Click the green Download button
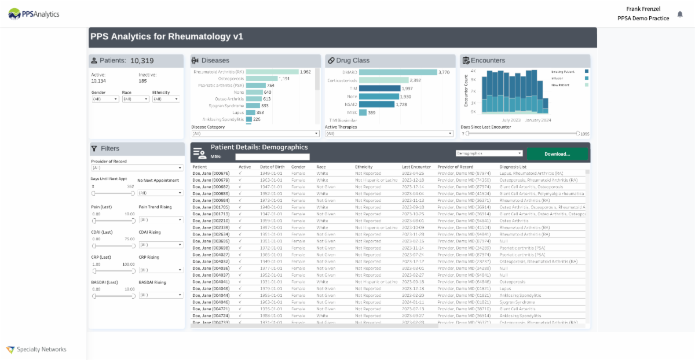pos(557,154)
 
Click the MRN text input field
pos(272,157)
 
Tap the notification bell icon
pos(680,14)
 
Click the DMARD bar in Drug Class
pos(397,72)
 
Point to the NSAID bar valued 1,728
pos(376,104)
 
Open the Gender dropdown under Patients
pos(105,99)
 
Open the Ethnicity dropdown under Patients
pos(166,99)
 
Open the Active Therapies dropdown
pos(389,134)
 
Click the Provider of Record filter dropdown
pos(137,168)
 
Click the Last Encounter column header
pos(416,167)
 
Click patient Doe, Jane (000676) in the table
pos(211,173)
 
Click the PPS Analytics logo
pos(34,14)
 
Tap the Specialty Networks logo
pos(36,349)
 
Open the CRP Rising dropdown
pos(160,270)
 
